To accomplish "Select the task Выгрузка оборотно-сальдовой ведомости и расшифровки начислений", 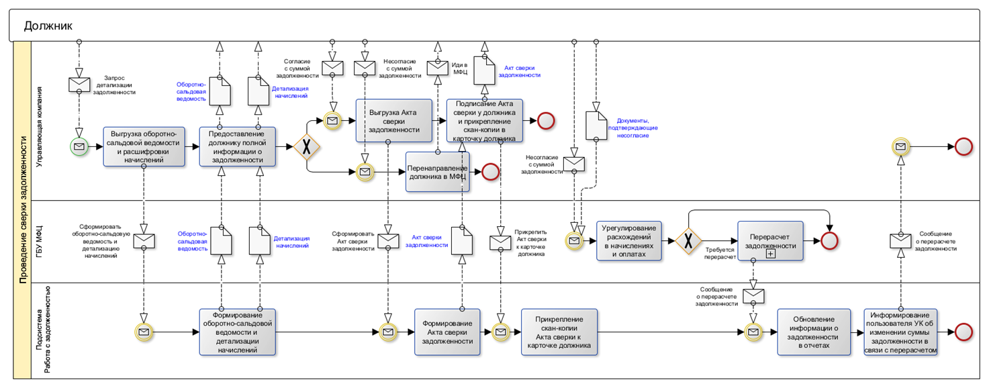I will click(x=144, y=147).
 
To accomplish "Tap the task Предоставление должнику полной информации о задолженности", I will click(x=237, y=147).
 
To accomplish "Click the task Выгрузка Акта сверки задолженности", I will click(x=393, y=121).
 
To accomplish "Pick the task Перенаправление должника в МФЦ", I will click(x=438, y=172).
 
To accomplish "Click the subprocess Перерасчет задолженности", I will click(x=770, y=240).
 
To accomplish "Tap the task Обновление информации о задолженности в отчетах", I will click(x=815, y=332).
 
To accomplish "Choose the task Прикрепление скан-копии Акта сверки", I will click(x=559, y=332).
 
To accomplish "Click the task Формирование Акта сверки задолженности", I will click(x=447, y=332).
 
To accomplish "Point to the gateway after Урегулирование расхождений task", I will click(x=688, y=240).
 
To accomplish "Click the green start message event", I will click(x=79, y=147).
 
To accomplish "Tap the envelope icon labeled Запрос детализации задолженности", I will click(x=79, y=84).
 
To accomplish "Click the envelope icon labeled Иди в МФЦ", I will click(x=437, y=68).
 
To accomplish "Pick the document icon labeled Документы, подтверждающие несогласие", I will click(x=596, y=125).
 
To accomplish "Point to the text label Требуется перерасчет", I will click(x=720, y=252).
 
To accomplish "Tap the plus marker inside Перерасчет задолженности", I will click(x=770, y=254).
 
